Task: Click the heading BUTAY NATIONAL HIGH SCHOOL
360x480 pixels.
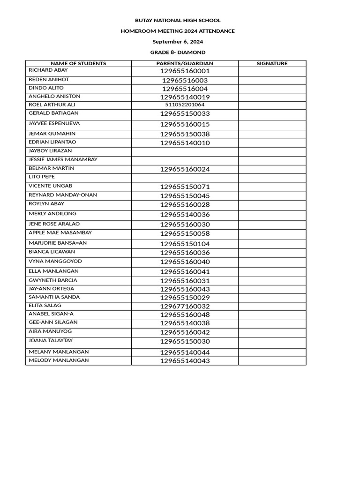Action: click(178, 21)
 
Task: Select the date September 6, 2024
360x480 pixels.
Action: click(178, 42)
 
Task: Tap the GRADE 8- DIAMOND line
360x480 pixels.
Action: click(178, 52)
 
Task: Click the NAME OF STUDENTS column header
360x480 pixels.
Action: click(78, 63)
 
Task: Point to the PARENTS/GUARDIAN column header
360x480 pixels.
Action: click(185, 63)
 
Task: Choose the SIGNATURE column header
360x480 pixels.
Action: click(272, 63)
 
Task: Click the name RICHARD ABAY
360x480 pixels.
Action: click(48, 70)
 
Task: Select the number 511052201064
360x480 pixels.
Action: click(185, 105)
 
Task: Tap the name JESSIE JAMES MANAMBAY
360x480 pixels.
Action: click(63, 160)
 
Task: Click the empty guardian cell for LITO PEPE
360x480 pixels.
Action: click(185, 178)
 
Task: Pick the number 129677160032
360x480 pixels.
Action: click(185, 307)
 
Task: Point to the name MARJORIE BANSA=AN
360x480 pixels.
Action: click(58, 243)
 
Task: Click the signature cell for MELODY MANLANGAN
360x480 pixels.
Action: click(272, 361)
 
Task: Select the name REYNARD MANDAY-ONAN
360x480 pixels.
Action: click(63, 195)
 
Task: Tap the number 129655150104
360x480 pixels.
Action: click(185, 244)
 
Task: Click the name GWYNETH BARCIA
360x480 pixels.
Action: click(53, 280)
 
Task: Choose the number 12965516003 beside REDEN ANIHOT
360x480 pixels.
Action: click(185, 81)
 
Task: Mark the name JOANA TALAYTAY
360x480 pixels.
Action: click(51, 341)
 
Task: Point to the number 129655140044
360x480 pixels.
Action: click(185, 352)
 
